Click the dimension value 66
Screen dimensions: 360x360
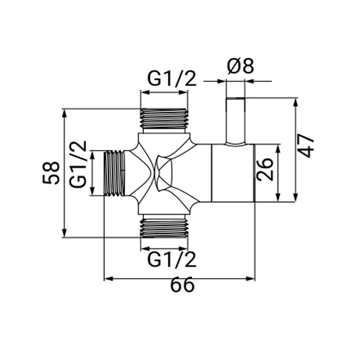(182, 286)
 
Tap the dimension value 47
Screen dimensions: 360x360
(307, 146)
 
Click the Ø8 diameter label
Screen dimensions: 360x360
(240, 67)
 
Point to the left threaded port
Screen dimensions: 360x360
(115, 174)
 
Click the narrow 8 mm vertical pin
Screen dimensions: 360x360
(235, 121)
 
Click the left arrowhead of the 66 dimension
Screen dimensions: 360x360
(107, 278)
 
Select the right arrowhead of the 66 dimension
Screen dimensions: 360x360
(252, 278)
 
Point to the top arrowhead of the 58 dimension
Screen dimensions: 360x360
(65, 112)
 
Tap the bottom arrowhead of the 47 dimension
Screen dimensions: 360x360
(296, 198)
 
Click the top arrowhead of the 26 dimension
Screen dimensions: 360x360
(278, 148)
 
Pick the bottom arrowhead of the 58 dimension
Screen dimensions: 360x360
(65, 234)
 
